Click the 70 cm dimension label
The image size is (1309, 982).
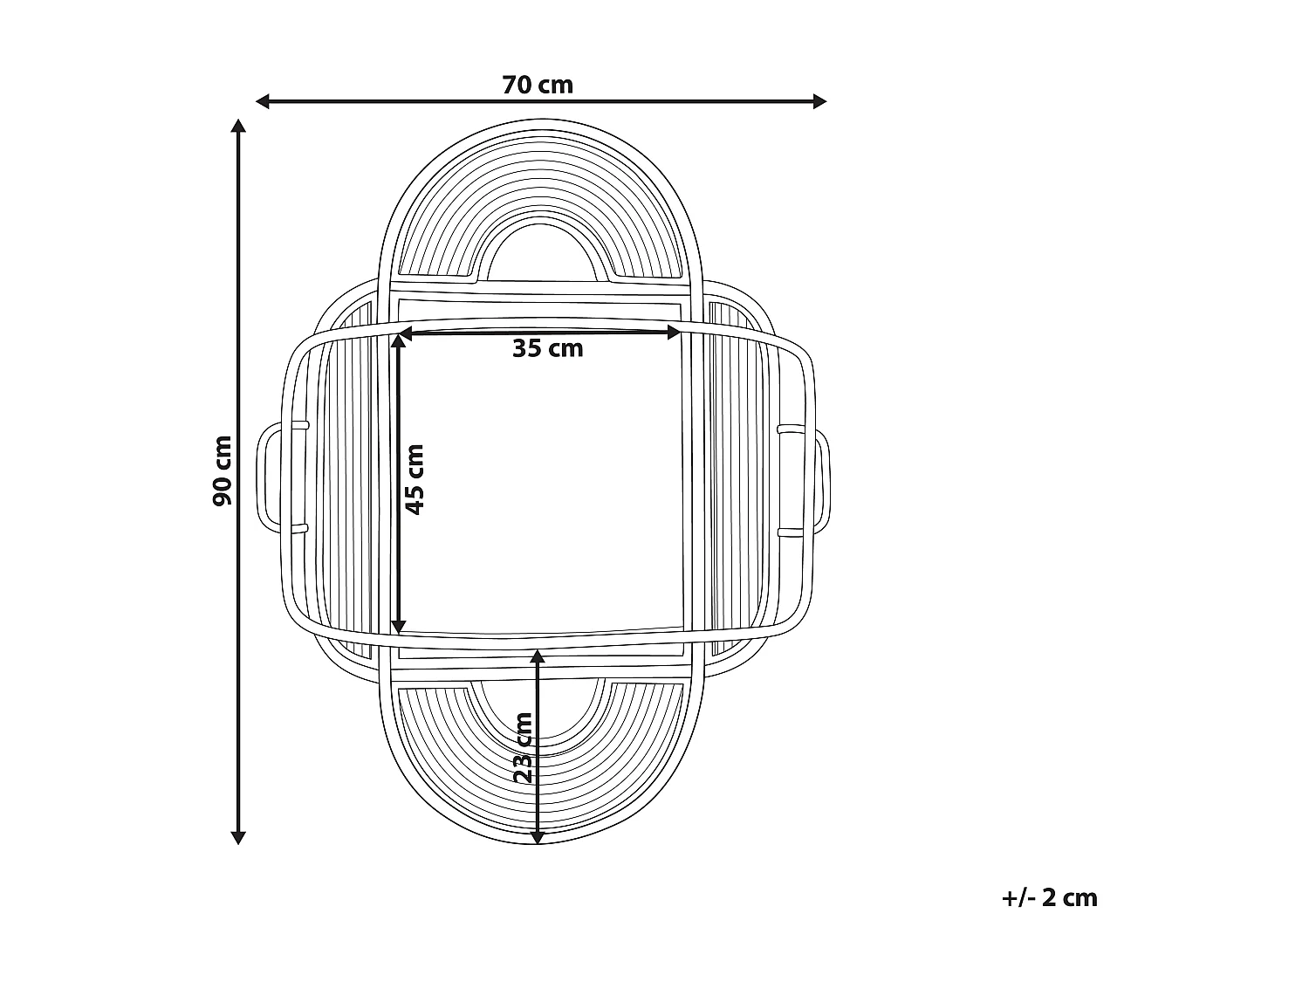tap(538, 86)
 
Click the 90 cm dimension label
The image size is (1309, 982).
tap(223, 471)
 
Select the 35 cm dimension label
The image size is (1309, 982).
tap(547, 348)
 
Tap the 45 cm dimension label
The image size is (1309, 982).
tap(415, 479)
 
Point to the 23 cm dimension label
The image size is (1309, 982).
tap(523, 748)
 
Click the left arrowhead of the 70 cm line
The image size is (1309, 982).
tap(263, 102)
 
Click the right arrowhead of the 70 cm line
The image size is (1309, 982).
tap(819, 102)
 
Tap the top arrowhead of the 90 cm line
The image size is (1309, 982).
tap(238, 126)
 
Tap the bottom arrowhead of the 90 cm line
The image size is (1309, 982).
tap(238, 837)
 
